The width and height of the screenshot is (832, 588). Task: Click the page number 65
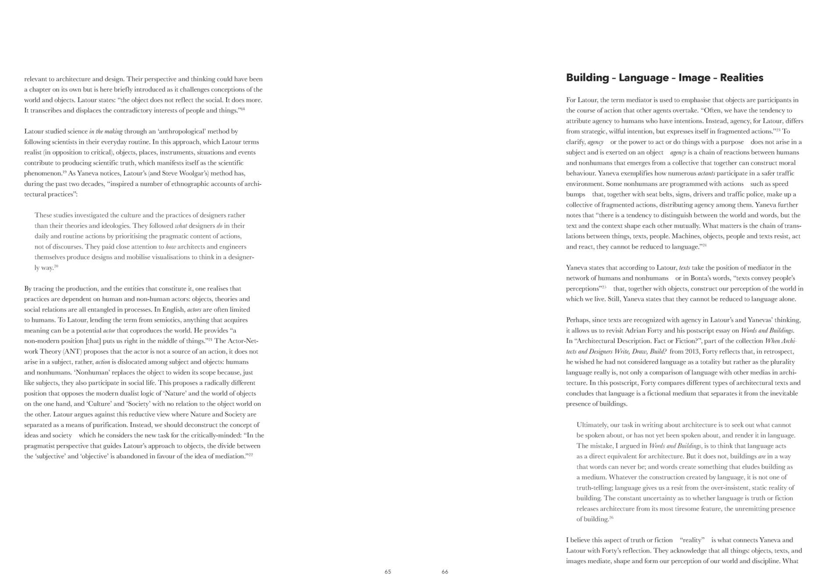click(388, 572)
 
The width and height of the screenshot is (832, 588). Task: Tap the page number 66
click(445, 572)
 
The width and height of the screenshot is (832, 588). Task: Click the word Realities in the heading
click(741, 78)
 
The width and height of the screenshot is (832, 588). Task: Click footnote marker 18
click(243, 109)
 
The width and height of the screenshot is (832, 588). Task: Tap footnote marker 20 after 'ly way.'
click(56, 266)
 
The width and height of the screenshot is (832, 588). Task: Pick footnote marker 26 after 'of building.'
click(611, 518)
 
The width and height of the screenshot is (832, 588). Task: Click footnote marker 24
click(705, 245)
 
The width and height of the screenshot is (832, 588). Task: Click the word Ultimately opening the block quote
click(591, 425)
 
